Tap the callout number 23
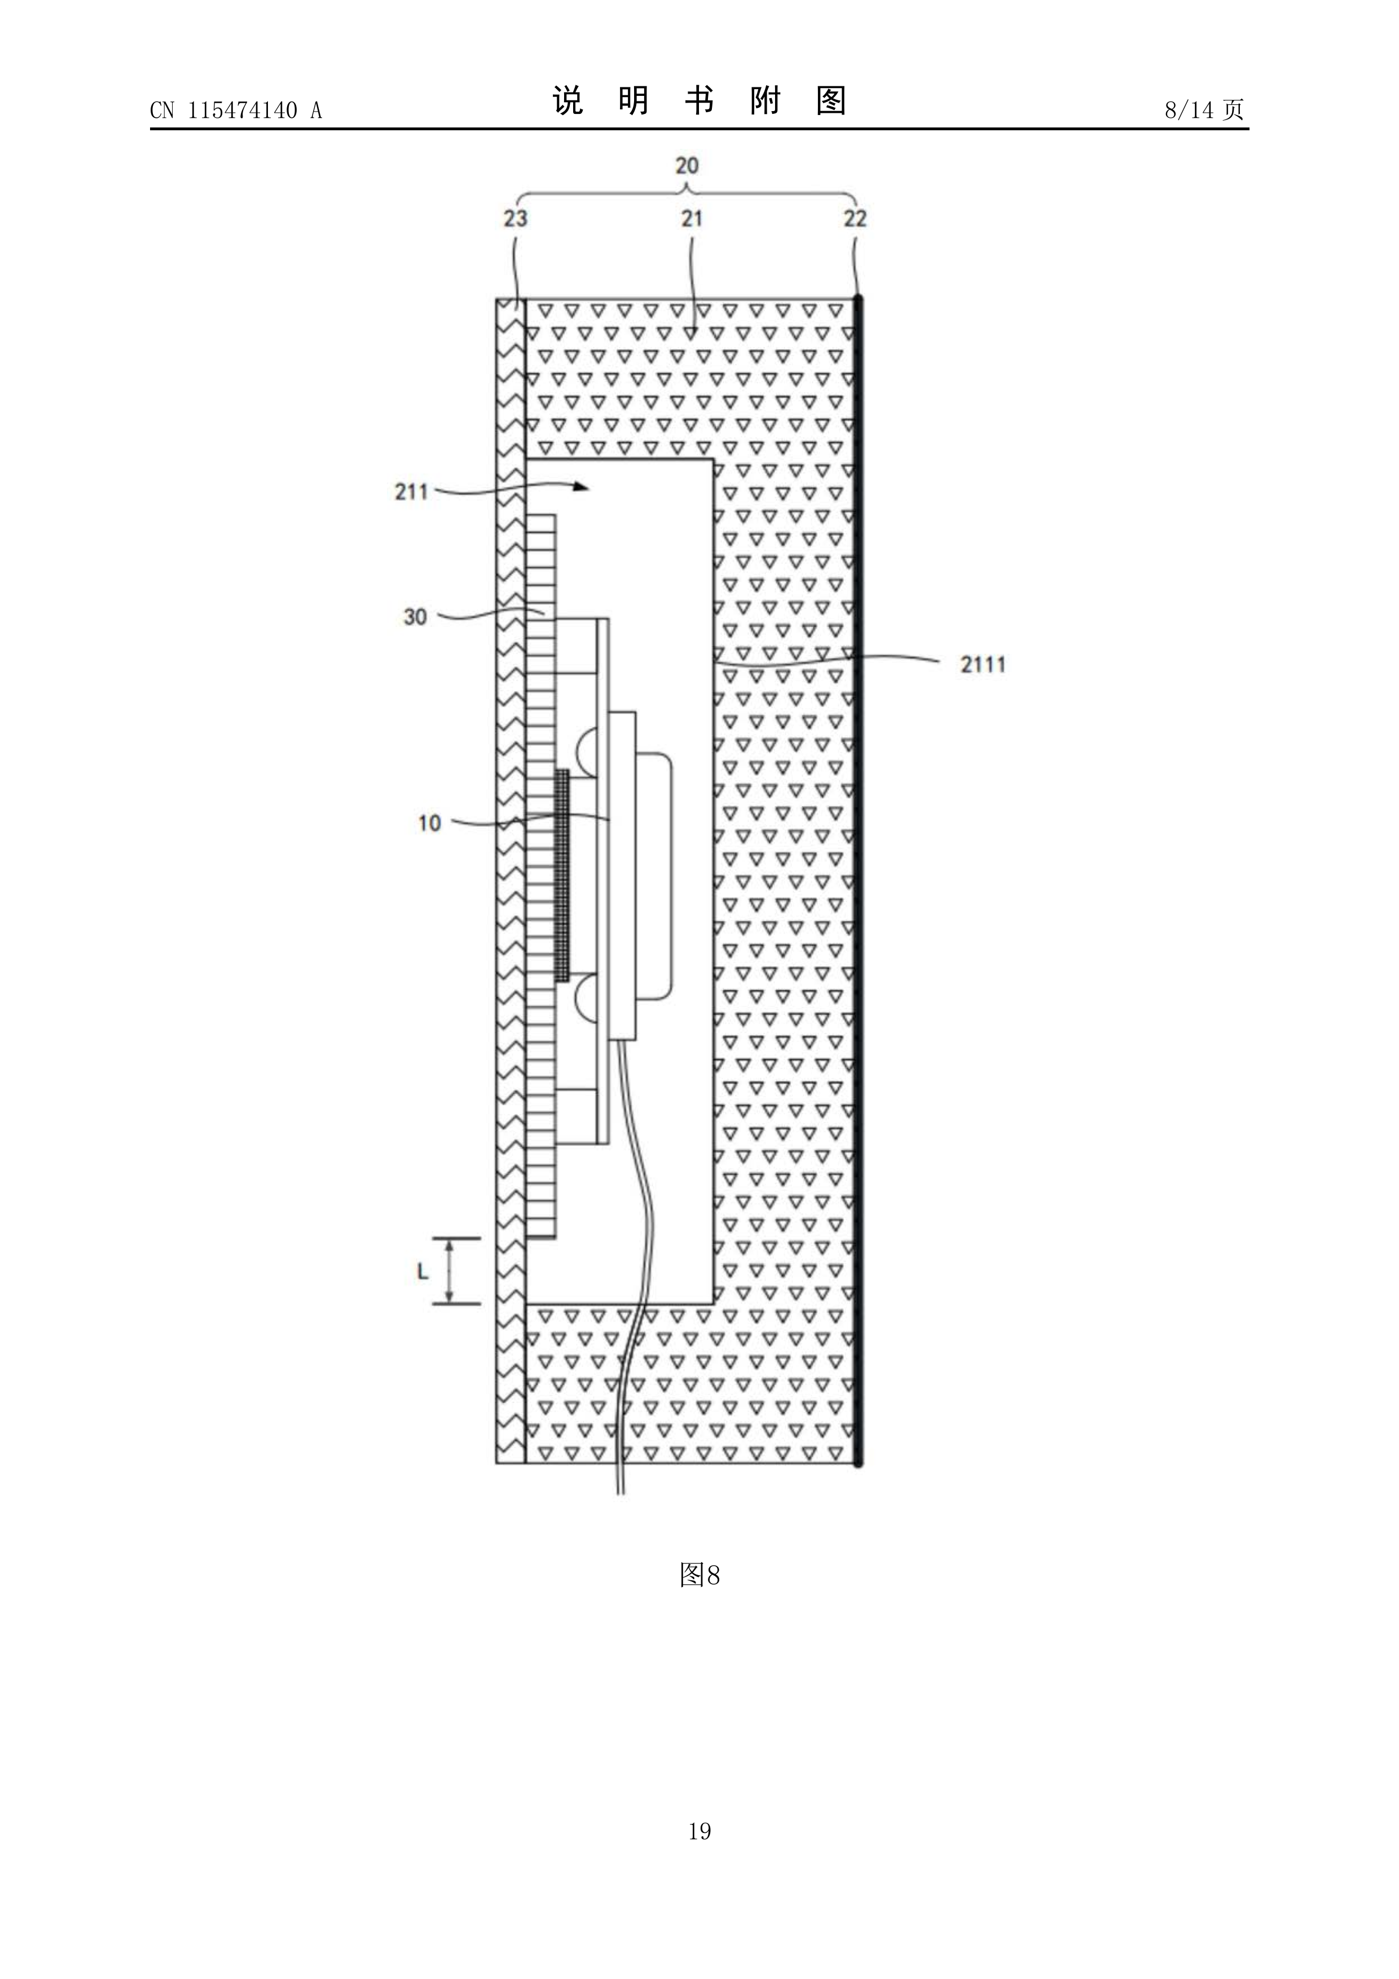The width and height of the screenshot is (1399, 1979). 516,218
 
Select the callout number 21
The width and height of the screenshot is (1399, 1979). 691,218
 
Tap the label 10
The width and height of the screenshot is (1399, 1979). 429,823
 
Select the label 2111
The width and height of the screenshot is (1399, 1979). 983,664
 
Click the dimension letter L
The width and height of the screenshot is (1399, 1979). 423,1271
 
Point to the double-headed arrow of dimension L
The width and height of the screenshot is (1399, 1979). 448,1271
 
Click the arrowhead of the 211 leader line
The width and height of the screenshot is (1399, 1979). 582,487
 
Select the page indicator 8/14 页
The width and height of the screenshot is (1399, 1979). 1204,109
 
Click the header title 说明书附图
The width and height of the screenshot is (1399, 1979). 699,101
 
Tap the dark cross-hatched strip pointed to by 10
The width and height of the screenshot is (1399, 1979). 562,875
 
